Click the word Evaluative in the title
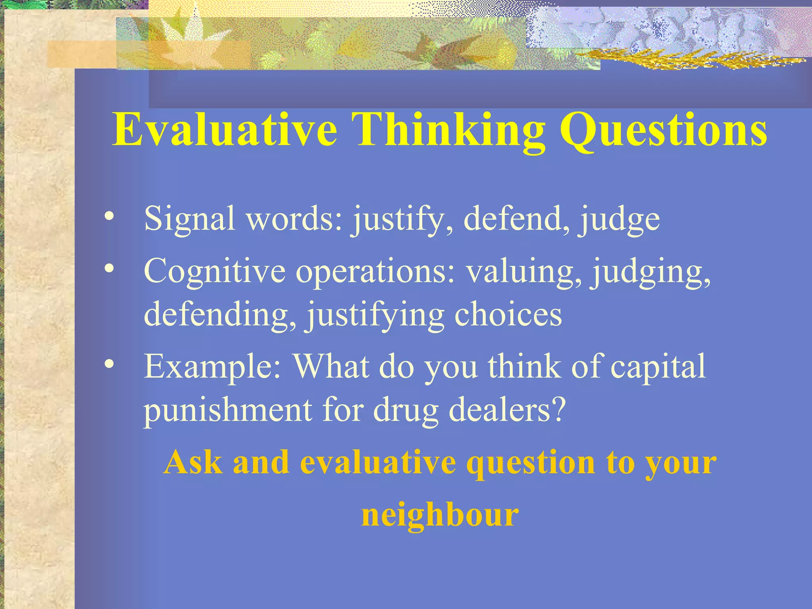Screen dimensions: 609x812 [x=224, y=130]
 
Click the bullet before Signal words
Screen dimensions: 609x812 [x=109, y=216]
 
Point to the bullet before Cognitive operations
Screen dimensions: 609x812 [x=109, y=269]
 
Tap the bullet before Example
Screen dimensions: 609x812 [x=109, y=364]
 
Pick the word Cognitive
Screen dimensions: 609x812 [x=214, y=271]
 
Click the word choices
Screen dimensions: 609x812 [x=508, y=314]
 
